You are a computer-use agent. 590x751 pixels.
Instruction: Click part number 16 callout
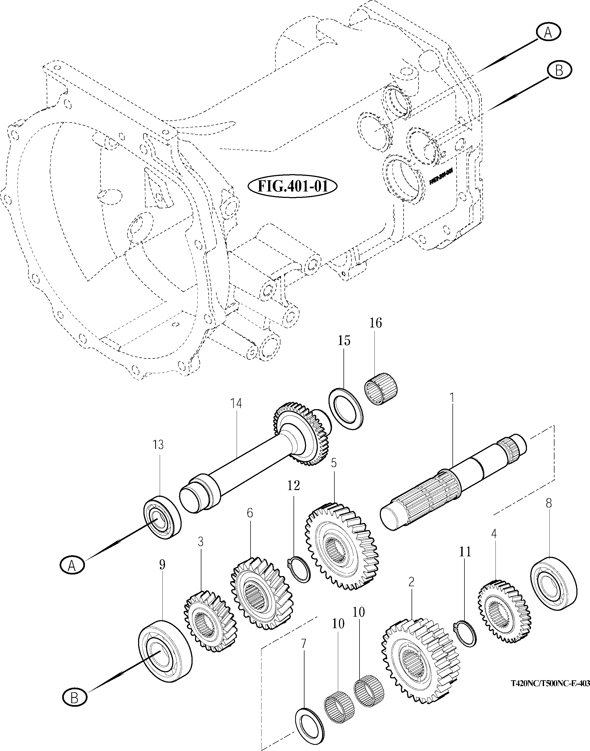376,323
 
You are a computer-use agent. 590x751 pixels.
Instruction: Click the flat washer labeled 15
345,409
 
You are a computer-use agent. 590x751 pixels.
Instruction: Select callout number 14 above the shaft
237,404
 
